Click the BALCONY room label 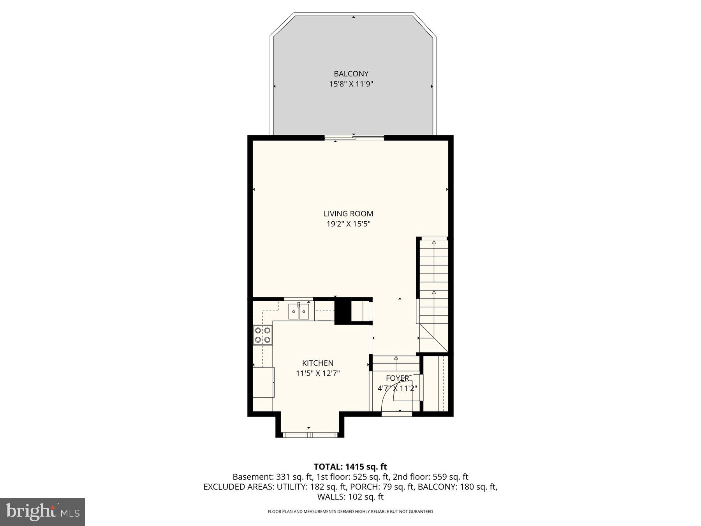point(351,74)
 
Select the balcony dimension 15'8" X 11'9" point(351,84)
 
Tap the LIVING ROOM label point(348,214)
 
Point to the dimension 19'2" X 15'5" point(348,224)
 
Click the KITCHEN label point(318,363)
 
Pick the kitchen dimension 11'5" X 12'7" point(318,373)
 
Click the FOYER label point(397,378)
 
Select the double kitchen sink point(299,312)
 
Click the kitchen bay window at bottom point(310,434)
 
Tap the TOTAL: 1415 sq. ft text point(350,466)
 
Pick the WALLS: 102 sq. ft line point(350,497)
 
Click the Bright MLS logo point(42,512)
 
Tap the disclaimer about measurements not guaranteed point(350,512)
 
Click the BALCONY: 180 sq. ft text point(457,487)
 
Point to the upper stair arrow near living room point(434,244)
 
